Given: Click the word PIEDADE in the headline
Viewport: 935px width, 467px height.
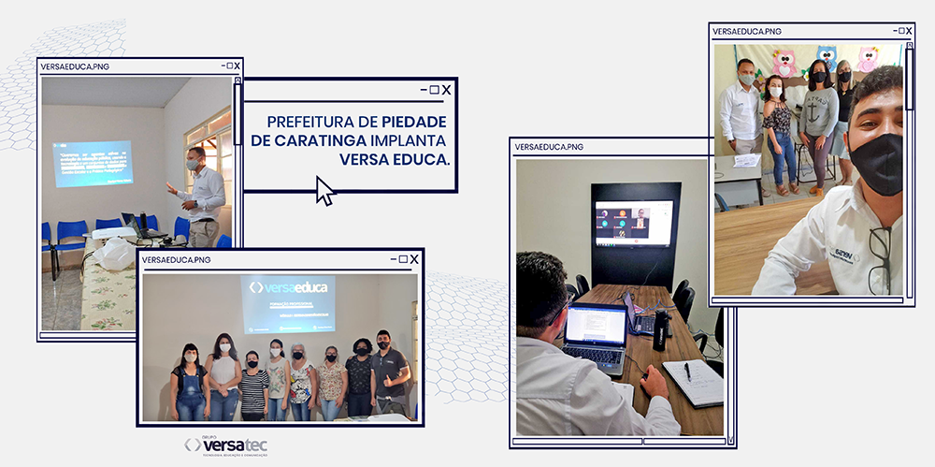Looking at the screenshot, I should click(414, 122).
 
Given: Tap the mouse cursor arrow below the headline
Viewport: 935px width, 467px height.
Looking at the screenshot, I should click(324, 191).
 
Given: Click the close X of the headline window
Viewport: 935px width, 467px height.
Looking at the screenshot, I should click(446, 90).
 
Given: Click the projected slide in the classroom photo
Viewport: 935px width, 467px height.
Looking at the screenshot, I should click(93, 163).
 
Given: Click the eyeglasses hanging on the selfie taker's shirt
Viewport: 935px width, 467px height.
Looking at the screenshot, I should click(879, 257).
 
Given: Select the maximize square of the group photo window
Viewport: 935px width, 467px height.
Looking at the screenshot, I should click(403, 259).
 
